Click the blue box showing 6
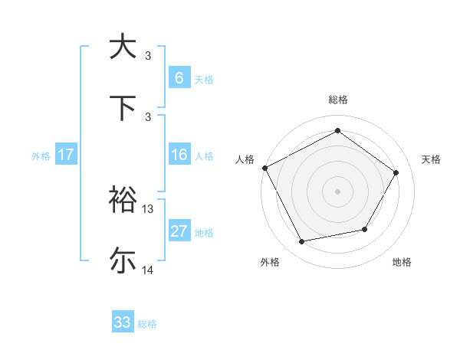tap(179, 78)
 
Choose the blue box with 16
tap(179, 155)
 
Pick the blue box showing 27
tap(179, 231)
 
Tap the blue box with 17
tap(66, 155)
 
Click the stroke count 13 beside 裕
tap(148, 208)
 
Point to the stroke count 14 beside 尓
tap(148, 270)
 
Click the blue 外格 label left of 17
tap(41, 155)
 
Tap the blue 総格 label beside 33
tap(147, 323)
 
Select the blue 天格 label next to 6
tap(203, 79)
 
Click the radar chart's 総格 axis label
tap(337, 100)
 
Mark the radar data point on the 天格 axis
tap(396, 172)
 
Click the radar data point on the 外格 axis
tap(302, 242)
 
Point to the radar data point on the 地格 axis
tap(365, 229)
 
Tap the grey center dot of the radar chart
tap(337, 191)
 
